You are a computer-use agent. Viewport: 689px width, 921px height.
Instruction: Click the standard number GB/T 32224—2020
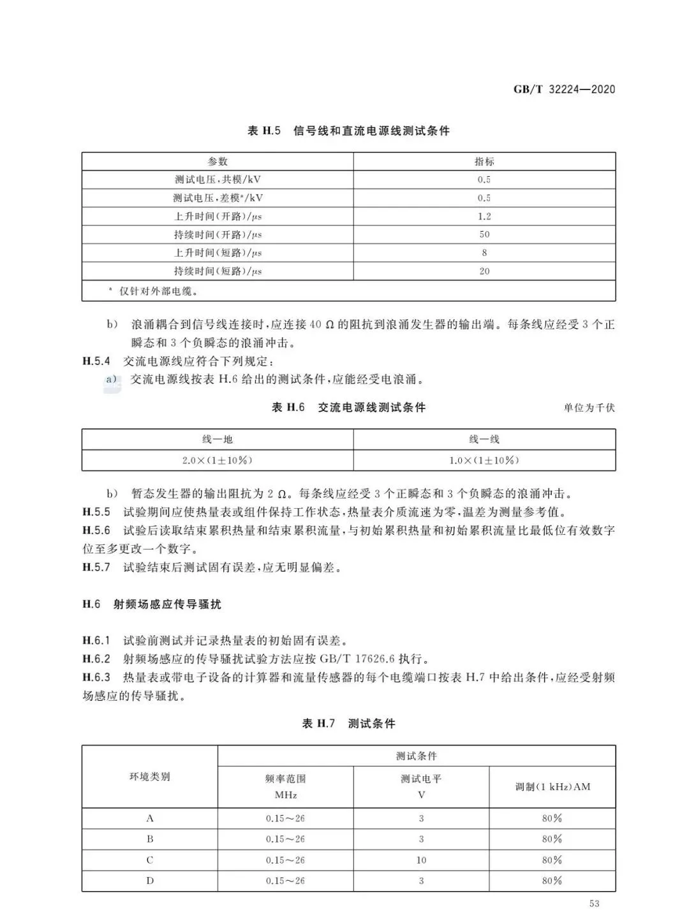(564, 89)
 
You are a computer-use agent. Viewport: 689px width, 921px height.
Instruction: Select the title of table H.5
(348, 131)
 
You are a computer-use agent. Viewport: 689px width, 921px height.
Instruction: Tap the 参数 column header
(218, 161)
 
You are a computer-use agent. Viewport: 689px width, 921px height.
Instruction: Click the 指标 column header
(484, 161)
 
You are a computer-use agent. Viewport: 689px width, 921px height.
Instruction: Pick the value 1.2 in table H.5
(484, 216)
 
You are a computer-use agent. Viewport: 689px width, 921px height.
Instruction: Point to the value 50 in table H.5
(484, 234)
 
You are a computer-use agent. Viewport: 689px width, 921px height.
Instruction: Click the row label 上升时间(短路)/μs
(218, 253)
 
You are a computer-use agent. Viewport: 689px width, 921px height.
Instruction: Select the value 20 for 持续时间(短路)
(484, 271)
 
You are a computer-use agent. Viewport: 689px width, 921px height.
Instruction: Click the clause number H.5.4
(96, 361)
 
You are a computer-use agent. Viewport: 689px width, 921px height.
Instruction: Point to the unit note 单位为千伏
(589, 408)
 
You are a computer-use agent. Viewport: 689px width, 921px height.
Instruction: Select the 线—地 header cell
(218, 439)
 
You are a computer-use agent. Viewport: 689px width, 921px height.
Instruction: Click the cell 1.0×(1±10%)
(484, 460)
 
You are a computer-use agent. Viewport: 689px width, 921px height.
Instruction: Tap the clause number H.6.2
(96, 659)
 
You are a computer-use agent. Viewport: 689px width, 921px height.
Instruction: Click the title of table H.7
(348, 723)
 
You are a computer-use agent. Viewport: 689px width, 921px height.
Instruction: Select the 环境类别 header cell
(150, 777)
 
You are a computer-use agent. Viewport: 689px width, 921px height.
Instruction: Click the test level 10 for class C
(421, 860)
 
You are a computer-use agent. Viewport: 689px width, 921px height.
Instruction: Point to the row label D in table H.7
(150, 881)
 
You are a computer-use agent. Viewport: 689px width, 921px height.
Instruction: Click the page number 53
(595, 904)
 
